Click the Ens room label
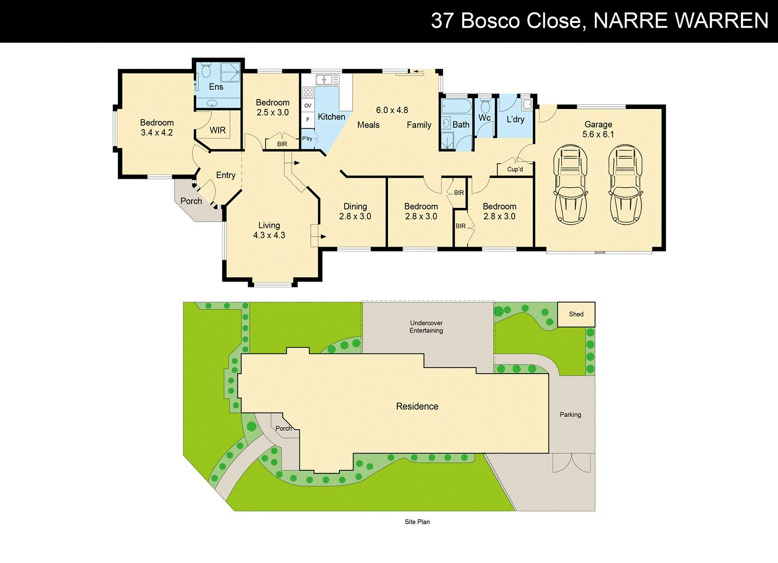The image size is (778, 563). pyautogui.click(x=216, y=87)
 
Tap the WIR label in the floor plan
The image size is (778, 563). pyautogui.click(x=217, y=130)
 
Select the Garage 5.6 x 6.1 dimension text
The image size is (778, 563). pyautogui.click(x=598, y=134)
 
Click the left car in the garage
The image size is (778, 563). pyautogui.click(x=570, y=185)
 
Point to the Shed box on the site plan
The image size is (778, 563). pyautogui.click(x=576, y=314)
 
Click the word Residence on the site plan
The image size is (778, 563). pyautogui.click(x=417, y=407)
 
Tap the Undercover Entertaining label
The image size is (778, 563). pyautogui.click(x=426, y=327)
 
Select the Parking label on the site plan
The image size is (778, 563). pyautogui.click(x=570, y=415)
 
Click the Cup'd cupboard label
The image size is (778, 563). pyautogui.click(x=515, y=169)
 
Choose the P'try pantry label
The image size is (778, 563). pyautogui.click(x=308, y=139)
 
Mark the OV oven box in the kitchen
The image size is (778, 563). pyautogui.click(x=308, y=106)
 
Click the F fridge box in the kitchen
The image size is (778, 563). pyautogui.click(x=308, y=120)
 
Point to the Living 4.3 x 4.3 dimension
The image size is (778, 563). pyautogui.click(x=269, y=236)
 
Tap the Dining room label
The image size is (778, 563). pyautogui.click(x=355, y=206)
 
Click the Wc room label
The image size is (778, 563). pyautogui.click(x=484, y=118)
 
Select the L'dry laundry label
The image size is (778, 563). pyautogui.click(x=515, y=119)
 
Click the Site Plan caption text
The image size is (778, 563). pyautogui.click(x=417, y=522)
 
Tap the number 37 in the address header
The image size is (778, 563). pyautogui.click(x=443, y=21)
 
